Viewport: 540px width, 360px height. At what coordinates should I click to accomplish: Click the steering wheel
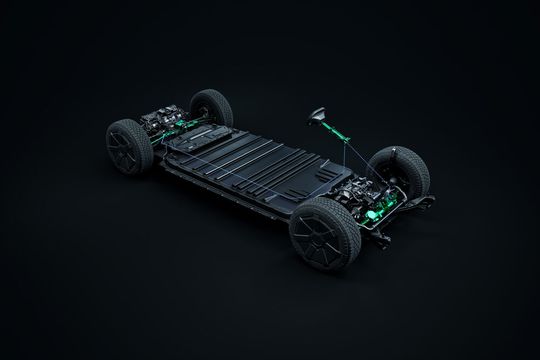pos(318,114)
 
